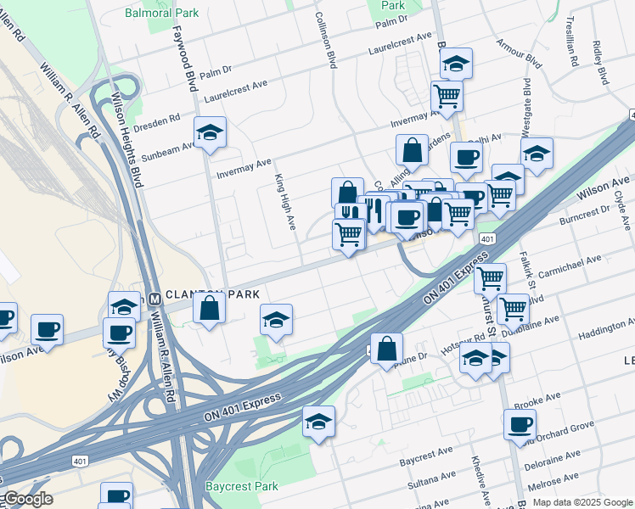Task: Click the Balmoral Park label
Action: coord(161,13)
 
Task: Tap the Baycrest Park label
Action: coord(242,487)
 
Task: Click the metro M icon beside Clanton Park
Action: coord(155,299)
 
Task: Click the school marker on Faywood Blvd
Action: coord(210,131)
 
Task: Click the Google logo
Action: coord(27,499)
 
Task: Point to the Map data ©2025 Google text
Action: coord(582,502)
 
